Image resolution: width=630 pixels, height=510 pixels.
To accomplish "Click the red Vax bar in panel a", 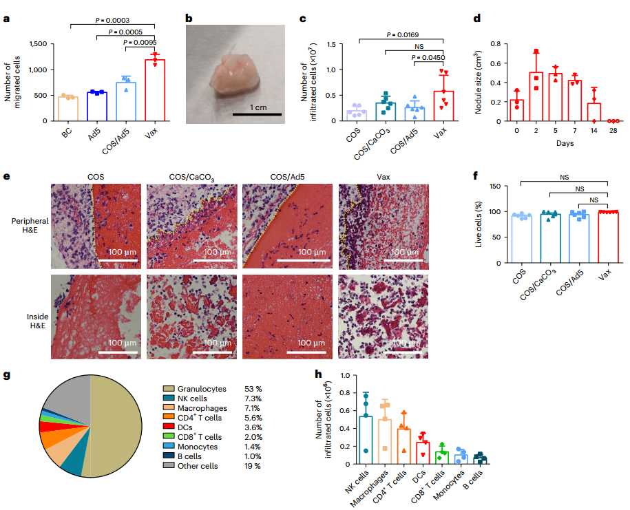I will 155,91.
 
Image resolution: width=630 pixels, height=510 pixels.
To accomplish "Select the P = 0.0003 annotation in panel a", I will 113,21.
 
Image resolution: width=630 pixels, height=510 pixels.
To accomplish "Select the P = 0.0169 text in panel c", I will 402,34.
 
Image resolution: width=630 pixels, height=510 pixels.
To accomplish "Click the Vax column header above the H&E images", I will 383,177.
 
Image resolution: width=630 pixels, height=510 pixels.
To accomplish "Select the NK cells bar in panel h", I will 366,440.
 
